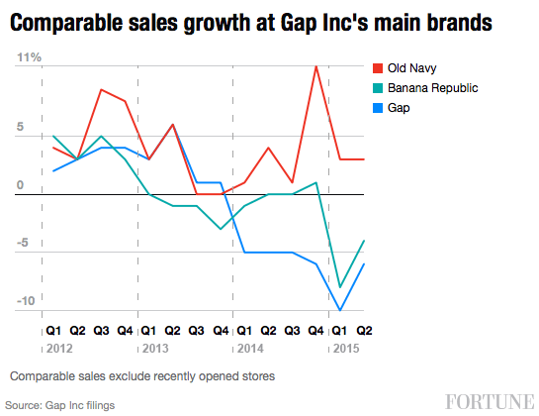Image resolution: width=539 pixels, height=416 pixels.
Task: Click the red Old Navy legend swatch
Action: (x=378, y=68)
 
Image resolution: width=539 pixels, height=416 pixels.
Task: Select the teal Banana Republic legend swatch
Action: (x=378, y=88)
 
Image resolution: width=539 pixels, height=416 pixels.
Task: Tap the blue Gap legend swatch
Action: (x=378, y=108)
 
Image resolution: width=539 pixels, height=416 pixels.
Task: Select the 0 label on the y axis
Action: (x=19, y=186)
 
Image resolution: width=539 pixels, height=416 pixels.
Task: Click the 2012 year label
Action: (x=58, y=349)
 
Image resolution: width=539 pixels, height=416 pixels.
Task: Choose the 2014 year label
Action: (x=251, y=349)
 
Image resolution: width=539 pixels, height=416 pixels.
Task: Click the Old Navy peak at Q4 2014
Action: (x=315, y=66)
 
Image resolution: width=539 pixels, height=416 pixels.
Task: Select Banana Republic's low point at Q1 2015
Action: (x=340, y=287)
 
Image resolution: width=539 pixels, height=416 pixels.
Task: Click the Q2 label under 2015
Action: (x=364, y=330)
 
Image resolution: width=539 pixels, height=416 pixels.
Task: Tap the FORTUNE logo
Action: (x=488, y=400)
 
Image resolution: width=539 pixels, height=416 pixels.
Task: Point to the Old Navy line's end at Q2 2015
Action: (x=364, y=158)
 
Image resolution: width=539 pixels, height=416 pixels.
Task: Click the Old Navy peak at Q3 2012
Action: (x=101, y=89)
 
